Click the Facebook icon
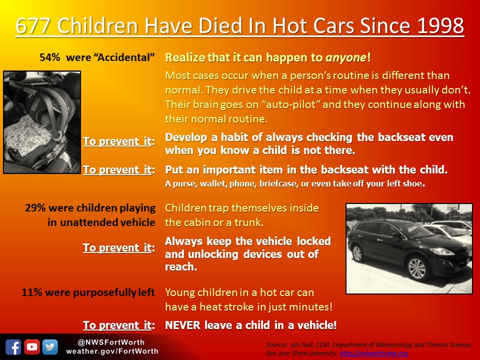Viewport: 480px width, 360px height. click(x=13, y=347)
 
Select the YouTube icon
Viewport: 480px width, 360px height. click(x=32, y=347)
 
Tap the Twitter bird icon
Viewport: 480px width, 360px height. click(x=50, y=347)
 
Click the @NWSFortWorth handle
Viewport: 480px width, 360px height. click(x=111, y=342)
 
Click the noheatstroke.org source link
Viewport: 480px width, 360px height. click(x=374, y=353)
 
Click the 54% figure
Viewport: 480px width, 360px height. click(x=49, y=57)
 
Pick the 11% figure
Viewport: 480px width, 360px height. click(x=31, y=292)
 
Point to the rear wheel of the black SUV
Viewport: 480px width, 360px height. click(x=357, y=253)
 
